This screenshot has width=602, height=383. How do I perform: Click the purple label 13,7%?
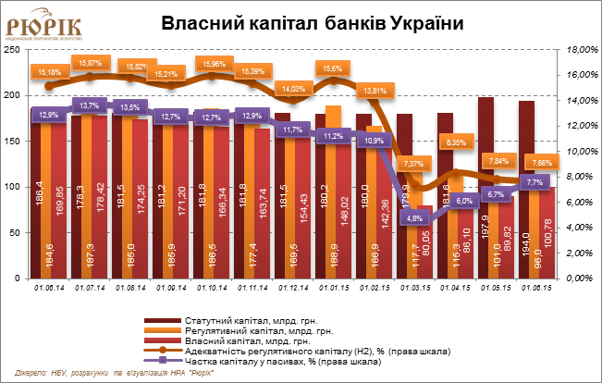click(x=90, y=105)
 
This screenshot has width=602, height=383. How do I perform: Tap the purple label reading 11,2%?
click(x=334, y=136)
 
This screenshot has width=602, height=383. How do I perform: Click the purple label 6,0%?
click(x=465, y=200)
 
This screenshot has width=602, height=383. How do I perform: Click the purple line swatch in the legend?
click(x=163, y=359)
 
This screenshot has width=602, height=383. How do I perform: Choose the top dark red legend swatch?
click(x=163, y=321)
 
